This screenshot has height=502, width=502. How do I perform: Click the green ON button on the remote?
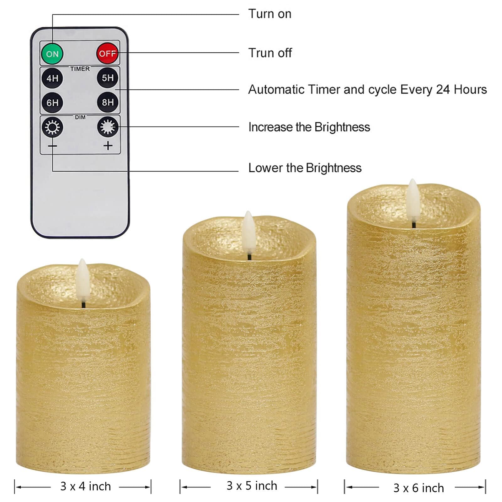52,54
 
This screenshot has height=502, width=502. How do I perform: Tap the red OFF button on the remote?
108,53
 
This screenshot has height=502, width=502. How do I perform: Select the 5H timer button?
108,78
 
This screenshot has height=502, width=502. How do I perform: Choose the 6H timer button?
52,103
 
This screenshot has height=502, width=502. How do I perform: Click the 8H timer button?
108,102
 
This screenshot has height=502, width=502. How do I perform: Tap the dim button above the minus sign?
52,127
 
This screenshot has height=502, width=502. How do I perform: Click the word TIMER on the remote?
80,69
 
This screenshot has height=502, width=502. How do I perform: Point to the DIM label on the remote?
80,117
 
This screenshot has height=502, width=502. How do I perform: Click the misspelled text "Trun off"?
270,53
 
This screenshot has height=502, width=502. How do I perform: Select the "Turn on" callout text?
270,14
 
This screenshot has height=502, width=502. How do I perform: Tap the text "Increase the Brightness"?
309,127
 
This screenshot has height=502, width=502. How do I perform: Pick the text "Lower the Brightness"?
305,168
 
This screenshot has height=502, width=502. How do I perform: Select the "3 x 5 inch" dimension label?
252,486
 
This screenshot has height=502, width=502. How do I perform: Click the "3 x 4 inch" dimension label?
86,486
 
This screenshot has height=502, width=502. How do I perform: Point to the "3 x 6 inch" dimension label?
419,488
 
